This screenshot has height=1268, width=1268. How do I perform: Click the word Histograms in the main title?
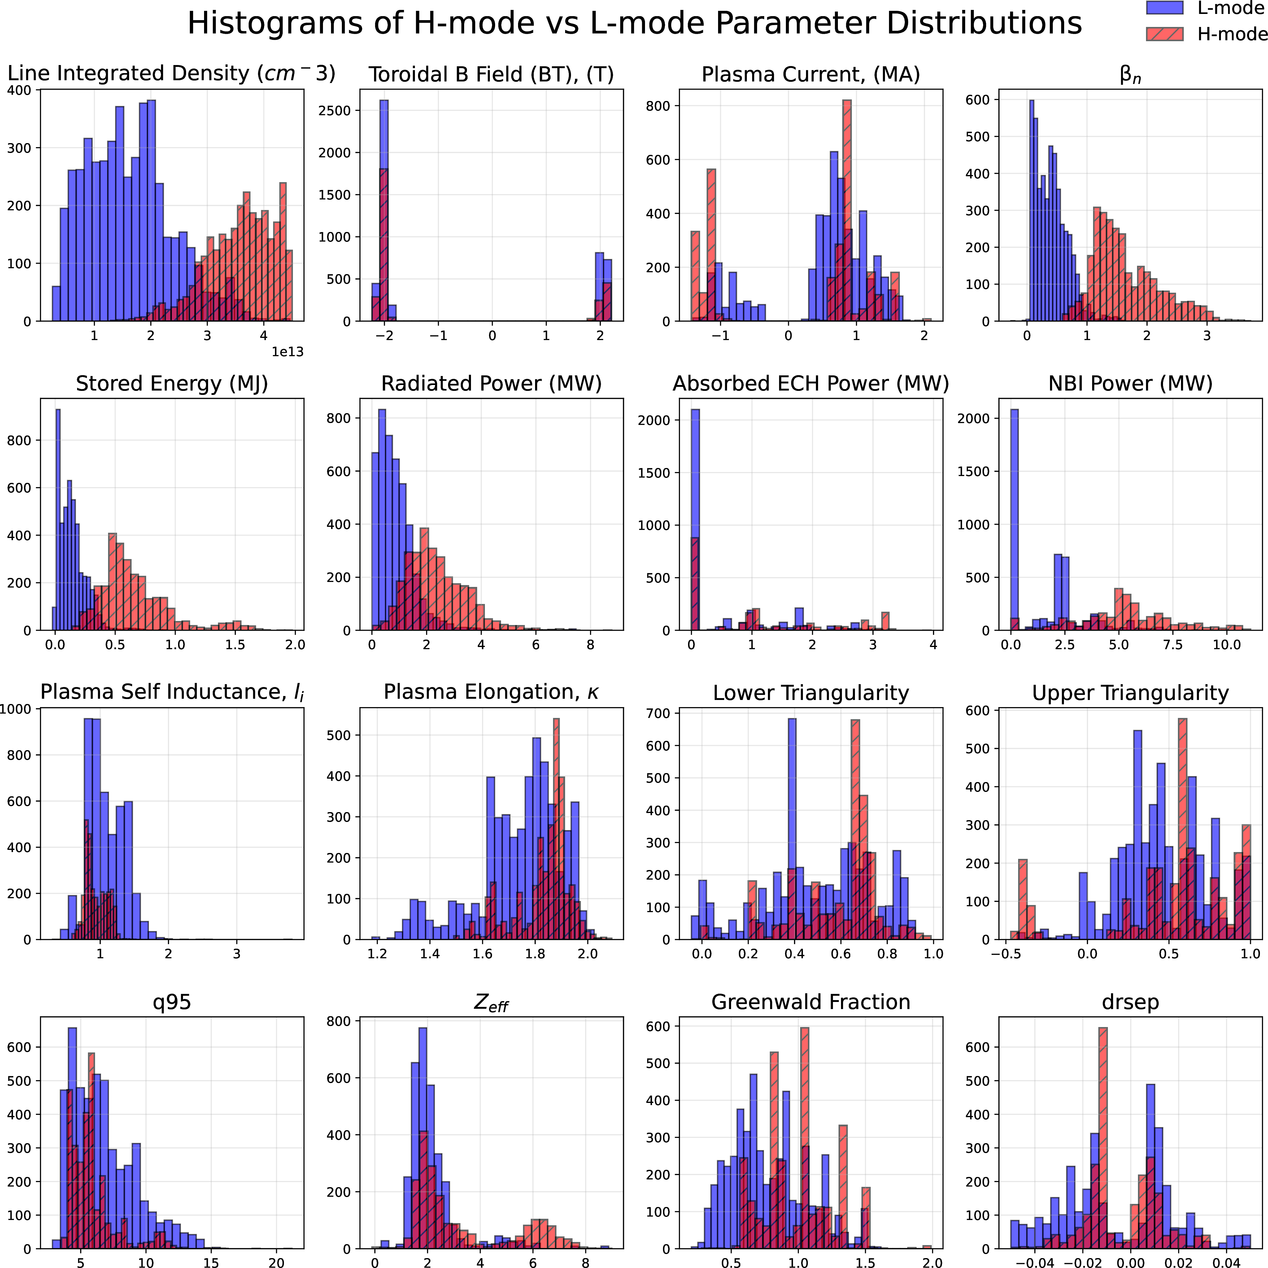274,24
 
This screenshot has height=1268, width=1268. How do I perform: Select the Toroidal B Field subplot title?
491,74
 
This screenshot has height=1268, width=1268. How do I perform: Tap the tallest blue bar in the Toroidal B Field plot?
384,210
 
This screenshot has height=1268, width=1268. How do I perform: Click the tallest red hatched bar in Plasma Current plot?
847,210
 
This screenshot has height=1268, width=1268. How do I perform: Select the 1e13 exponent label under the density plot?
287,352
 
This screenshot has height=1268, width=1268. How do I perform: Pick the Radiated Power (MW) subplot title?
491,383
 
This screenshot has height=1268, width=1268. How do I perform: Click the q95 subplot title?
172,1002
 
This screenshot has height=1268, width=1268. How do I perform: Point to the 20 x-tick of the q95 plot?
276,1262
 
